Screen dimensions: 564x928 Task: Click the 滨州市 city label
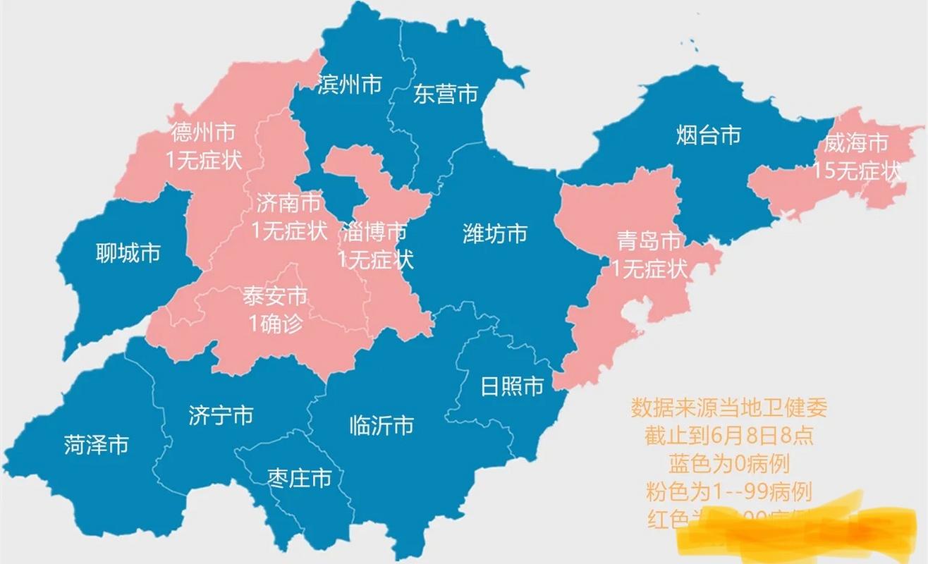[350, 85]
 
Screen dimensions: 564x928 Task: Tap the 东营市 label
[446, 94]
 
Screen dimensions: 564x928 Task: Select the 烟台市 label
[708, 134]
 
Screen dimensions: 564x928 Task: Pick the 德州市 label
[203, 132]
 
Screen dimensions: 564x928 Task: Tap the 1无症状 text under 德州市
[203, 159]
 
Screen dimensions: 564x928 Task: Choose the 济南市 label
[288, 204]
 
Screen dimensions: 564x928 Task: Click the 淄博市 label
[375, 231]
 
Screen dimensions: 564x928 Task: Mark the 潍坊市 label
[495, 233]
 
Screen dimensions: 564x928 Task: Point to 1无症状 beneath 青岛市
[649, 268]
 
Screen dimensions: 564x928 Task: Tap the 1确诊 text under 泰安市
[275, 323]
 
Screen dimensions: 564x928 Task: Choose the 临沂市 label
[381, 425]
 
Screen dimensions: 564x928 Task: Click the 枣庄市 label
[299, 479]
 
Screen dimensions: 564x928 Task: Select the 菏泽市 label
[97, 445]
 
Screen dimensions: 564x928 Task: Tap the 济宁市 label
[221, 415]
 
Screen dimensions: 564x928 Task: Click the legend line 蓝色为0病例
[728, 463]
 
